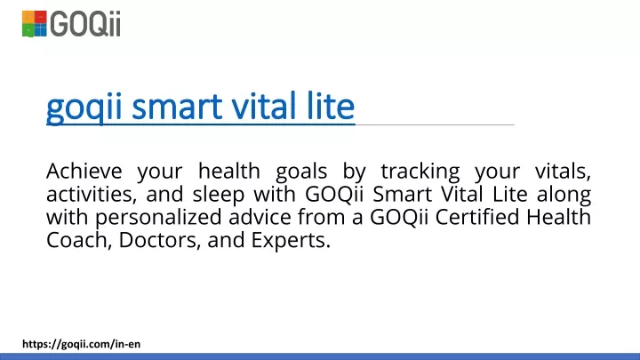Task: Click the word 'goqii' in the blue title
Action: pyautogui.click(x=84, y=107)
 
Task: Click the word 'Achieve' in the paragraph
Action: pyautogui.click(x=84, y=171)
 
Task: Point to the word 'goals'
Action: pyautogui.click(x=301, y=172)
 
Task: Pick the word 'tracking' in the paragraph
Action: pyautogui.click(x=420, y=172)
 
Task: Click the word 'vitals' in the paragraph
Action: pyautogui.click(x=563, y=172)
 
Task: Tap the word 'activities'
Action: pyautogui.click(x=92, y=195)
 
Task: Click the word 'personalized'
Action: pyautogui.click(x=158, y=218)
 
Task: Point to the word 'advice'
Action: pyautogui.click(x=260, y=217)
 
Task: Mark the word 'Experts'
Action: pyautogui.click(x=291, y=241)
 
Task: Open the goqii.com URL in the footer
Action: pyautogui.click(x=81, y=344)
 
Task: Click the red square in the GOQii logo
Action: pyautogui.click(x=40, y=17)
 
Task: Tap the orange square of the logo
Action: pyautogui.click(x=28, y=17)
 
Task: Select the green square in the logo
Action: pyautogui.click(x=28, y=30)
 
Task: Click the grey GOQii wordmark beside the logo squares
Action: pyautogui.click(x=85, y=24)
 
